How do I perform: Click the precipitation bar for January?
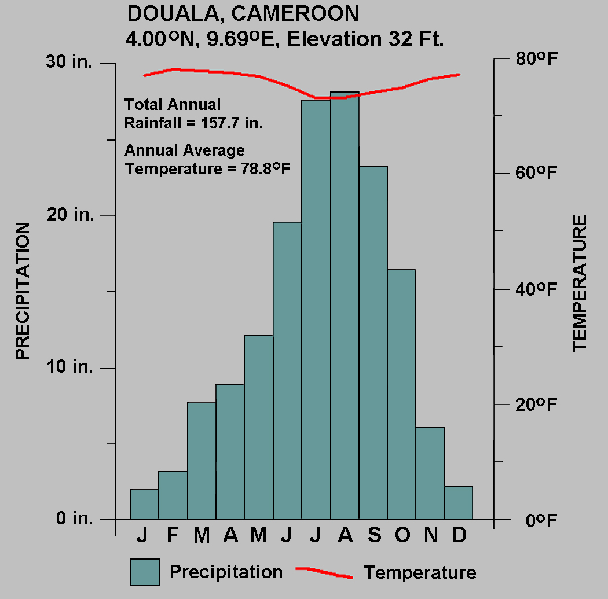tap(144, 505)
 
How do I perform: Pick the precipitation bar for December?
tap(459, 503)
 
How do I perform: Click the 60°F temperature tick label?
tap(536, 173)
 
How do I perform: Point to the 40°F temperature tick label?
tap(536, 289)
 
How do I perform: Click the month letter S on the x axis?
tap(374, 536)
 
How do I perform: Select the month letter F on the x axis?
tap(173, 536)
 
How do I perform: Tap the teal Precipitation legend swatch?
tap(145, 572)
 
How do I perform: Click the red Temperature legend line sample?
tap(324, 572)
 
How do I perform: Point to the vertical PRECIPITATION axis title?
tap(22, 291)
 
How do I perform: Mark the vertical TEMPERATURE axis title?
tap(580, 283)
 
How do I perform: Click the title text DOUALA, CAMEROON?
tap(243, 13)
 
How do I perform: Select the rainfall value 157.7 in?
tap(231, 123)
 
